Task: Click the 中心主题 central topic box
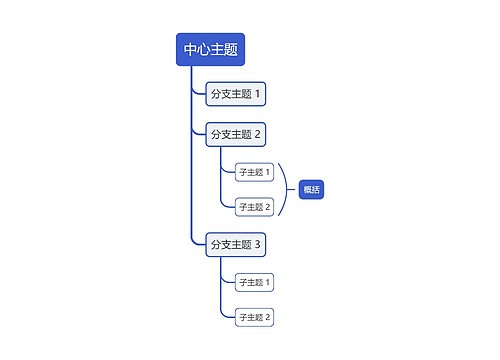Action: [210, 50]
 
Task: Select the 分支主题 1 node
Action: [235, 95]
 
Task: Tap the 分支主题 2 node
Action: [235, 134]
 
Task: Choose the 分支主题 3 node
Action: [235, 244]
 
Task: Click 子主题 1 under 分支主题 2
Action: [254, 172]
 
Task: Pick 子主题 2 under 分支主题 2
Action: [254, 207]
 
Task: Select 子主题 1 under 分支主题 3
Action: [254, 282]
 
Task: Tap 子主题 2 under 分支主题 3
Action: [254, 317]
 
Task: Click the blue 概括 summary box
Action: [312, 189]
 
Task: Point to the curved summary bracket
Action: [288, 189]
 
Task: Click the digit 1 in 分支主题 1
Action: [258, 95]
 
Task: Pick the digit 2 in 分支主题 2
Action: [258, 134]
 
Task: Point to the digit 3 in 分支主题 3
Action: [258, 244]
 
